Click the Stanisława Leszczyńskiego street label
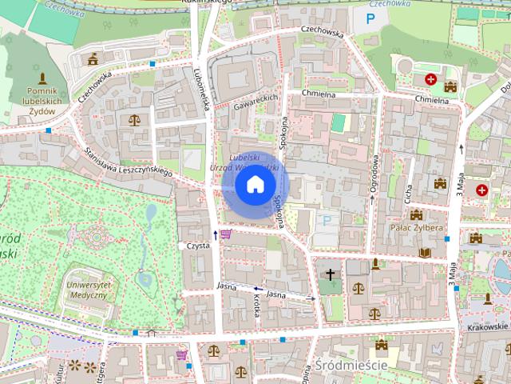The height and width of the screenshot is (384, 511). pyautogui.click(x=129, y=161)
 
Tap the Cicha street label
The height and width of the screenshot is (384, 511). pyautogui.click(x=406, y=193)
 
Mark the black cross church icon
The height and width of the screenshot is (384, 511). pyautogui.click(x=331, y=274)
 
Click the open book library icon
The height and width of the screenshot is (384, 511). pyautogui.click(x=425, y=252)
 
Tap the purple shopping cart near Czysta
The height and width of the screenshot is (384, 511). pyautogui.click(x=226, y=234)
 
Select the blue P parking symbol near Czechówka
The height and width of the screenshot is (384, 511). pyautogui.click(x=370, y=18)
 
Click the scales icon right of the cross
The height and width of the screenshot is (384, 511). pyautogui.click(x=358, y=286)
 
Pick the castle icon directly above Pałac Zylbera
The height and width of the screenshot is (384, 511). pyautogui.click(x=415, y=214)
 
